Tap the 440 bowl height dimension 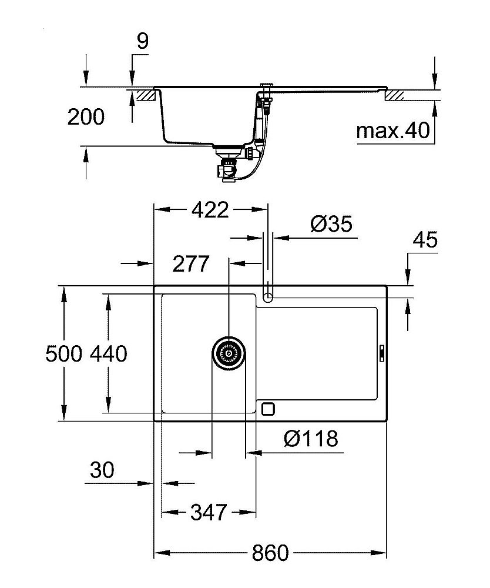[x=108, y=353]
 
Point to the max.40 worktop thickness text [x=393, y=130]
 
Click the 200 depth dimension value [x=86, y=117]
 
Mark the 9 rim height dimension [x=143, y=41]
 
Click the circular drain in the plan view [x=228, y=354]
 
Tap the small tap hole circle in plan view [x=268, y=296]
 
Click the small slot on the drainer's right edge [x=382, y=353]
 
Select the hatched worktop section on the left [x=144, y=95]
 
